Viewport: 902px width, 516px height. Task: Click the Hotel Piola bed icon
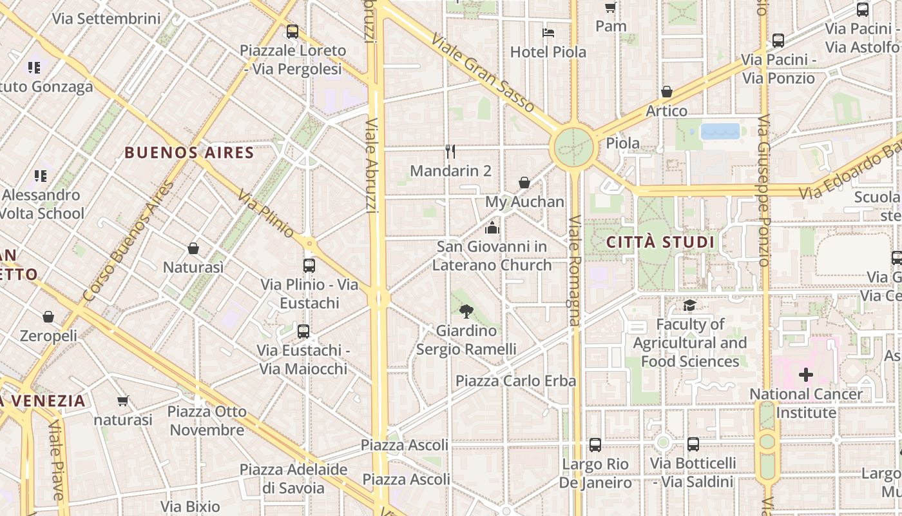[x=548, y=32]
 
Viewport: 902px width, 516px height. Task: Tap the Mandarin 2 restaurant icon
[x=450, y=152]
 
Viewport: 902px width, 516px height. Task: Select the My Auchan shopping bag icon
[x=524, y=183]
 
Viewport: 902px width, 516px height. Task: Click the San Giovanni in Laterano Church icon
[x=492, y=228]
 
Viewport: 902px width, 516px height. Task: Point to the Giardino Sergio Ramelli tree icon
[x=466, y=312]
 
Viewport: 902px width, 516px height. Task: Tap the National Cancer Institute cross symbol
[x=806, y=375]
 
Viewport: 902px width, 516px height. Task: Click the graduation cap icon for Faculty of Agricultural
[x=690, y=305]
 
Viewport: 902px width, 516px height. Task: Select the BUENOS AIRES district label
[x=189, y=153]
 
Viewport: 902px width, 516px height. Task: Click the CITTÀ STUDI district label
[x=660, y=243]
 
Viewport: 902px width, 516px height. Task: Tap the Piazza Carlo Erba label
[x=515, y=381]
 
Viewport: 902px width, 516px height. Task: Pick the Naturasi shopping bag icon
[x=193, y=248]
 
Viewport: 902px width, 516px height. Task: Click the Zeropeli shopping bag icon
[x=48, y=317]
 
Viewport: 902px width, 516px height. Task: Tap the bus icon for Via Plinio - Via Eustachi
[x=309, y=265]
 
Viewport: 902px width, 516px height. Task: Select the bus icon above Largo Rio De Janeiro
[x=595, y=445]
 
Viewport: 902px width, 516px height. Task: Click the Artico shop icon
[x=667, y=92]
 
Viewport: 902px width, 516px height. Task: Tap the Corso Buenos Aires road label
[x=129, y=241]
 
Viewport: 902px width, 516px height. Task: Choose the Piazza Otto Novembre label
[x=207, y=421]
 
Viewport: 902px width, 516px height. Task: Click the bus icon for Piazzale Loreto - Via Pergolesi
[x=293, y=31]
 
